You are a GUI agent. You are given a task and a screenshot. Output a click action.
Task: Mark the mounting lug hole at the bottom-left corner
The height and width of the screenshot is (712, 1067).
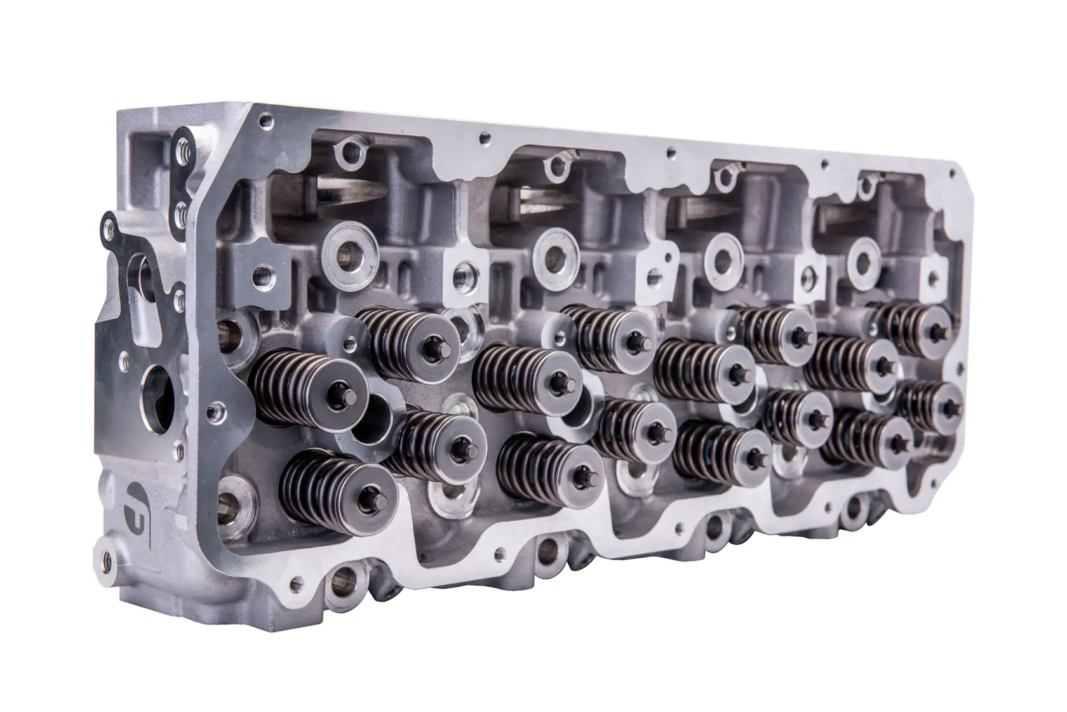coord(102,551)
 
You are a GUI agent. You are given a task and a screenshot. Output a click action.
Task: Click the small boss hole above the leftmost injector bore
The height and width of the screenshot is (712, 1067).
coord(349,151)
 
